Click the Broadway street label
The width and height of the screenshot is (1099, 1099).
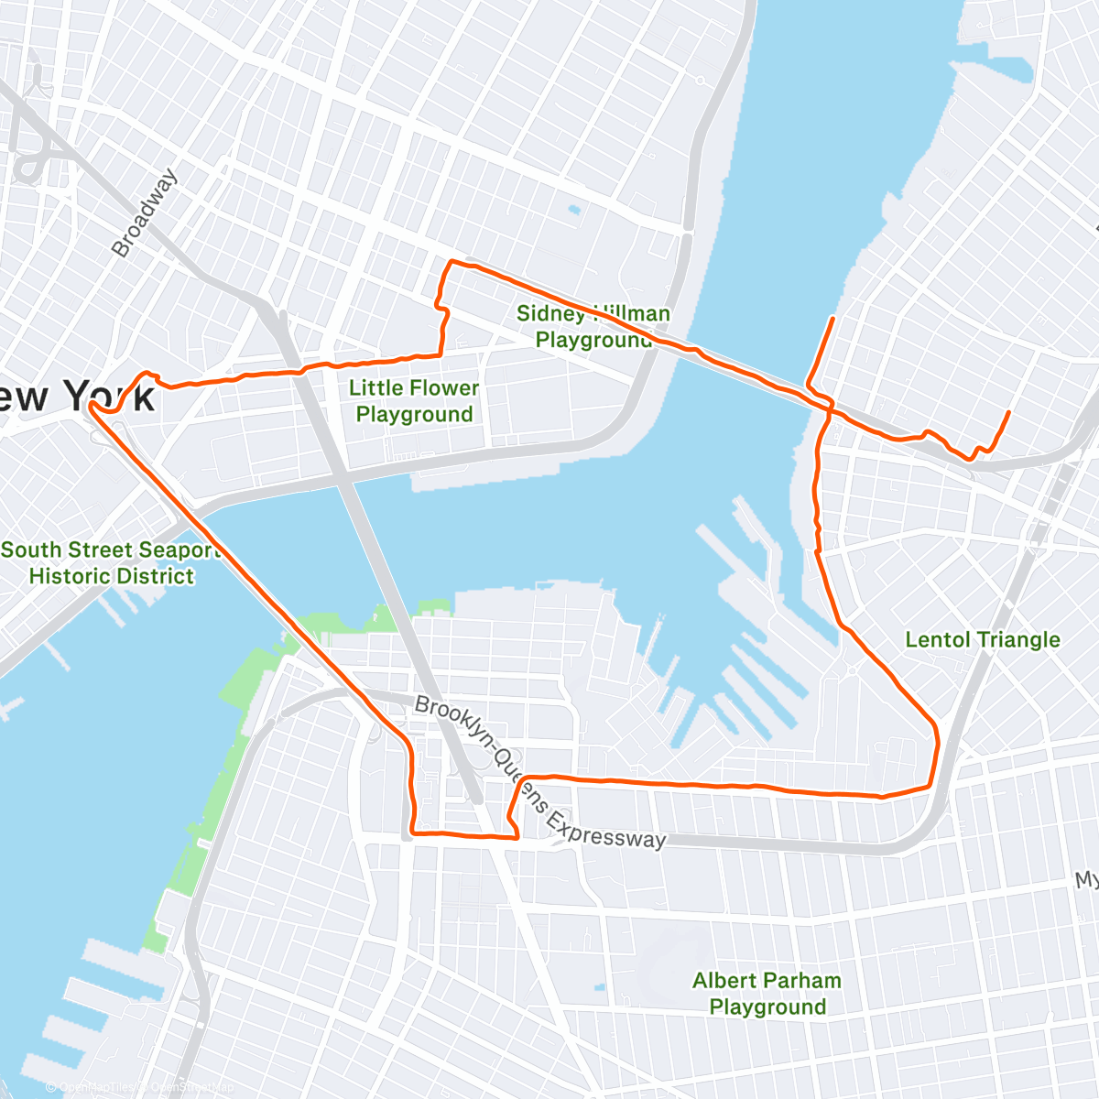[144, 212]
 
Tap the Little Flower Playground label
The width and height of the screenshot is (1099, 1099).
[414, 401]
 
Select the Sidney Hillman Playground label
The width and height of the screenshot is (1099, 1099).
[593, 326]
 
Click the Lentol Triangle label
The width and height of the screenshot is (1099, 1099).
[982, 639]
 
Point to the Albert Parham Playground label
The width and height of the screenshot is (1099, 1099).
[767, 994]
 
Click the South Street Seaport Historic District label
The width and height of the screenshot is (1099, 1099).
[111, 562]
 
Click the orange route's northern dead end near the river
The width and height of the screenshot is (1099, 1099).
[832, 318]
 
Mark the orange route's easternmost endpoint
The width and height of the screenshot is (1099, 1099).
[1008, 412]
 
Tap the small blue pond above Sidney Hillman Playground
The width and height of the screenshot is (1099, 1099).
[574, 210]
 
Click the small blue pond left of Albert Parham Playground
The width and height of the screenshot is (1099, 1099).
[599, 988]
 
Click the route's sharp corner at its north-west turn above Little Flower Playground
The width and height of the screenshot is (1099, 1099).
[449, 263]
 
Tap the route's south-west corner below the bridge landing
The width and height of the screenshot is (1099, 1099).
[413, 832]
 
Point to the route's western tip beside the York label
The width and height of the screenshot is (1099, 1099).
[91, 405]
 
